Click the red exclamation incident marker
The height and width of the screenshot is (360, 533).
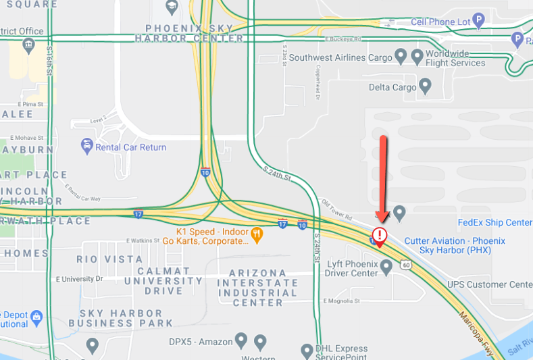pos(380,235)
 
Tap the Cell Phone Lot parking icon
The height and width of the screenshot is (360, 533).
pos(479,21)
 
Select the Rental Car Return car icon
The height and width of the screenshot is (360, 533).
pos(86,146)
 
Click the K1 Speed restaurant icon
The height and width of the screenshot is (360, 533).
pos(257,234)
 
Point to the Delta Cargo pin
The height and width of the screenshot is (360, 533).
pos(426,86)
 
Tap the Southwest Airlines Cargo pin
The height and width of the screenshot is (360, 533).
pos(401,56)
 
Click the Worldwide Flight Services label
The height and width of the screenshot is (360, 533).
pos(455,58)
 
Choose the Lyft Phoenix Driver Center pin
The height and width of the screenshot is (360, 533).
pos(386,267)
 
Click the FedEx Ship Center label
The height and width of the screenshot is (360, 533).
pos(495,223)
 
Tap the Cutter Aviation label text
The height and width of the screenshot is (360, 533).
pos(454,245)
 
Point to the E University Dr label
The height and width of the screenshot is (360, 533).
pos(79,278)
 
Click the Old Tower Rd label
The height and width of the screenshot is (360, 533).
pos(337,210)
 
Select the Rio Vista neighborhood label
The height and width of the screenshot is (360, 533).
pos(109,259)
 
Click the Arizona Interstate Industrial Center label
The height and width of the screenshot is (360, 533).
pos(257,288)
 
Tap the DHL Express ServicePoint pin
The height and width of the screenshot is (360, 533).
pos(307,350)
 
